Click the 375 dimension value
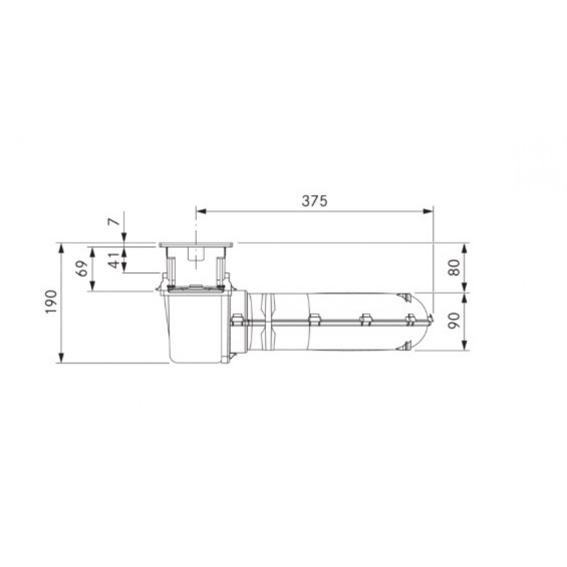click(x=314, y=201)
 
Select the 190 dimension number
click(x=52, y=302)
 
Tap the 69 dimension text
click(x=83, y=269)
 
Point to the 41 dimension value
click(x=114, y=259)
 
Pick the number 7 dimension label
click(x=115, y=221)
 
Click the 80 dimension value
click(x=454, y=268)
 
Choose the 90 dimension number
click(x=454, y=321)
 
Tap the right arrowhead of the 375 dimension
click(x=428, y=211)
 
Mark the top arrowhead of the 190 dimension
click(x=61, y=248)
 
